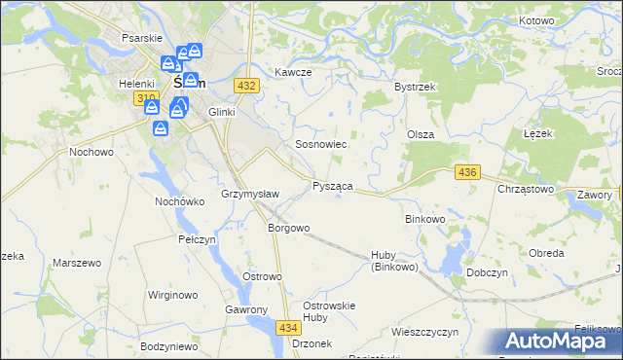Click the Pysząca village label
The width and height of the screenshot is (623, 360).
click(332, 185)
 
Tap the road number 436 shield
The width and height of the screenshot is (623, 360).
click(467, 172)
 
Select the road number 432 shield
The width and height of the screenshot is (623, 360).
click(247, 86)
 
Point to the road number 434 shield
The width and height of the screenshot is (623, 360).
click(287, 328)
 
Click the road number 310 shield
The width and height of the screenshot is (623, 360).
click(147, 98)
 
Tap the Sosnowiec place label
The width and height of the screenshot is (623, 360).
click(321, 144)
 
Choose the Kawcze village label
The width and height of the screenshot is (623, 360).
click(292, 73)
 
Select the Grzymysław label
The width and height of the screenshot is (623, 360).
click(251, 194)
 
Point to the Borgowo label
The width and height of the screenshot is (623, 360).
click(288, 228)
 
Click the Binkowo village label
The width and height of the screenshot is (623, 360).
click(424, 219)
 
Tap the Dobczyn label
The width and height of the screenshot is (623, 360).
click(489, 273)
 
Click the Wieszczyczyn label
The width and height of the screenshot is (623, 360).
click(424, 332)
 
